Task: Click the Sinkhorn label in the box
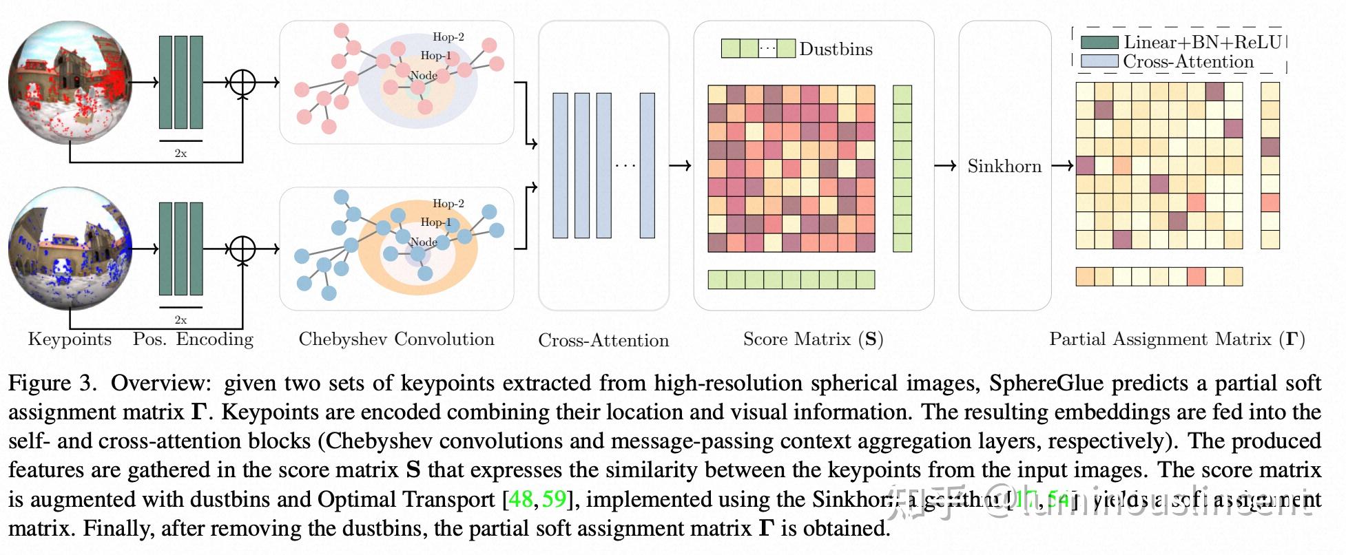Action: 1004,166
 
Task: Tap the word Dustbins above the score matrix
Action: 836,49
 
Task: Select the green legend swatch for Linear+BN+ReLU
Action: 1099,42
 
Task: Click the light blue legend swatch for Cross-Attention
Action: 1099,61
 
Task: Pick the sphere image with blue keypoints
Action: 70,249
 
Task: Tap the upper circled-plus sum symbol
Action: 242,83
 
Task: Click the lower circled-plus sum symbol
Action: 242,249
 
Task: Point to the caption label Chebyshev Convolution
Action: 396,339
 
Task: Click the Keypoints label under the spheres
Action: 70,339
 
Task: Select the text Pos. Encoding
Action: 193,339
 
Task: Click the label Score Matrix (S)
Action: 813,339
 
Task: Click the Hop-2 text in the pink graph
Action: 448,37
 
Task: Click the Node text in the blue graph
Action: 423,242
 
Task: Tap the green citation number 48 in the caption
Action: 521,499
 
